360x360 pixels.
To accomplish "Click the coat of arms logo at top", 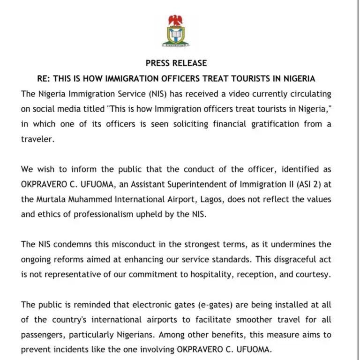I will [x=176, y=31].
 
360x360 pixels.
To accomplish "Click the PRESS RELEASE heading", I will [x=176, y=63].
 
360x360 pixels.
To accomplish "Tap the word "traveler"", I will [x=37, y=139].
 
